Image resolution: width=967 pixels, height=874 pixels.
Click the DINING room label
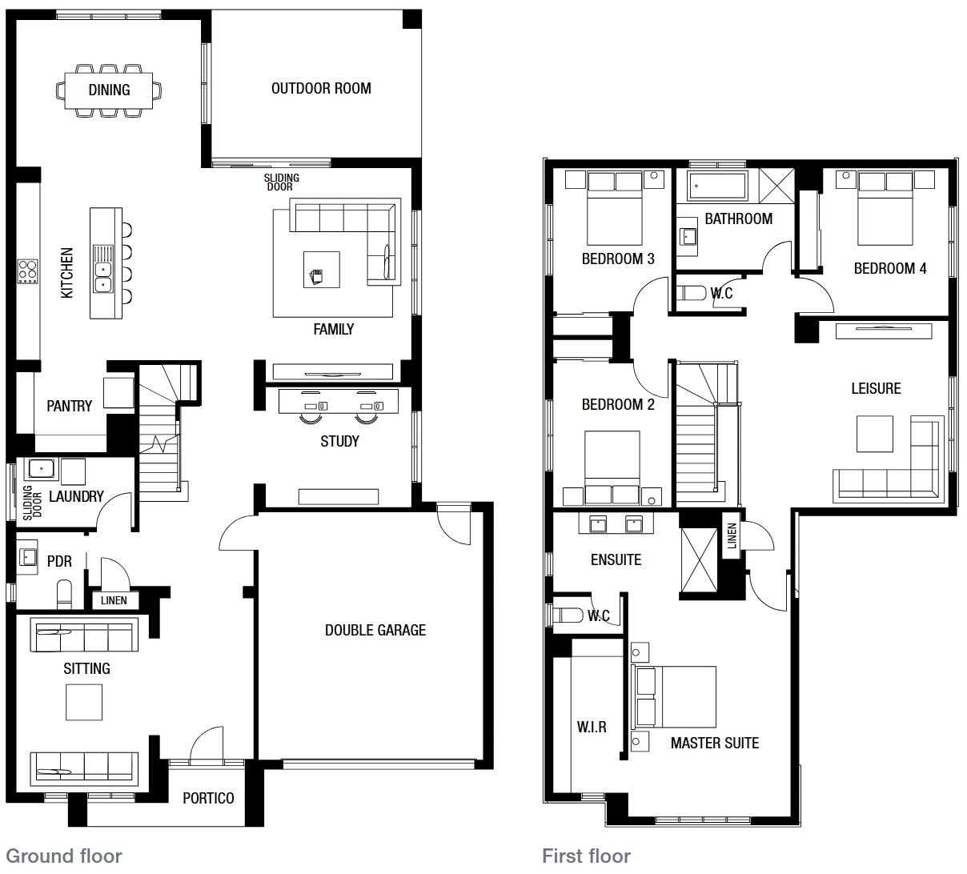tap(109, 90)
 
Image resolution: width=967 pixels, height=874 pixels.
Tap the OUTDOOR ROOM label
tap(321, 89)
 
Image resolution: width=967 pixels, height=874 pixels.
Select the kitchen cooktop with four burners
tap(27, 271)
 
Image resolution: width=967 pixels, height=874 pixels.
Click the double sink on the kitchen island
tap(102, 277)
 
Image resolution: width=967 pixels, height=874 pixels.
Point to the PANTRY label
tap(69, 406)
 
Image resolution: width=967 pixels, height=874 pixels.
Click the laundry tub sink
tap(42, 469)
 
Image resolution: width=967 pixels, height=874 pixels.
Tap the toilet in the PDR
tap(64, 594)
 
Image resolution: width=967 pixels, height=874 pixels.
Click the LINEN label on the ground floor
tap(114, 600)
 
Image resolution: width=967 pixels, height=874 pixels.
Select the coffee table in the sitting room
tap(84, 703)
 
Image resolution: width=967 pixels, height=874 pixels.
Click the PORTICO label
tap(208, 798)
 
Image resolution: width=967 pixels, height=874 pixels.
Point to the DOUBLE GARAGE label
tap(375, 630)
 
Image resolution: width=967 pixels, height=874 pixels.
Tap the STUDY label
tap(340, 441)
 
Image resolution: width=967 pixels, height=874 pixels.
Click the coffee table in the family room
tap(322, 270)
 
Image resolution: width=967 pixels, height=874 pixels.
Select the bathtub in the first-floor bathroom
tap(718, 185)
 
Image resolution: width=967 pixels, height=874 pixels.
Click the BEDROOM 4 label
tap(890, 268)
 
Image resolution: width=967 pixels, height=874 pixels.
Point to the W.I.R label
tap(592, 727)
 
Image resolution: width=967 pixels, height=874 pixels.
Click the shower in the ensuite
tap(699, 559)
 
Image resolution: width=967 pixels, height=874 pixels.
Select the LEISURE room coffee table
tap(874, 434)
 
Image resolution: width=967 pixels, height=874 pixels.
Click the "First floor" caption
tap(586, 856)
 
